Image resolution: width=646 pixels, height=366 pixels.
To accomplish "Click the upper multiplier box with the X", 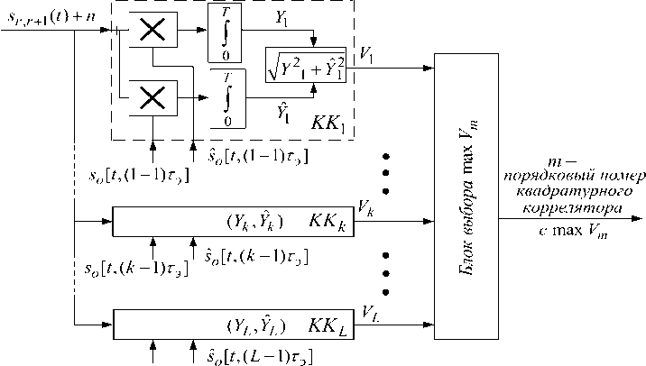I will tap(155, 31).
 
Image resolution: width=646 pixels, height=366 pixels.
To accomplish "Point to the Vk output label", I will tap(365, 208).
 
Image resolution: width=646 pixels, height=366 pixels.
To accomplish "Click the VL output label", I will tap(370, 312).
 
